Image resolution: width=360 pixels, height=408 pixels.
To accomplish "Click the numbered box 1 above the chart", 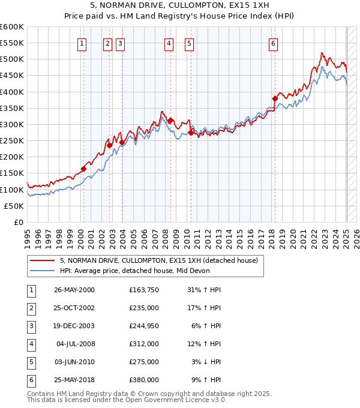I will coord(82,43).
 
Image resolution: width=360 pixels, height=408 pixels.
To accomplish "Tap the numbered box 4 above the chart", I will coord(169,43).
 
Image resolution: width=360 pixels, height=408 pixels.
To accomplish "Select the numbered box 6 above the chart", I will coord(273,43).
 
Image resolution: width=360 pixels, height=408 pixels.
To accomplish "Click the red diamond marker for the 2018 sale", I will coord(274,98).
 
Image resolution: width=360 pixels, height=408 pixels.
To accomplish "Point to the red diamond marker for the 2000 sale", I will coord(84,169).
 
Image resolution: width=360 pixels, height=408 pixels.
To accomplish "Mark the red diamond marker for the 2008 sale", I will coord(170,121).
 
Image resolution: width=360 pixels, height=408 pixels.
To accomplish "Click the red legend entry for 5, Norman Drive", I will coord(159,260).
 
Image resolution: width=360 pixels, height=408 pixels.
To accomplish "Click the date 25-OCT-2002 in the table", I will coord(74,308).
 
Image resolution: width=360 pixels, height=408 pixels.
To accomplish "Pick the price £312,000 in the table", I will coord(143,344).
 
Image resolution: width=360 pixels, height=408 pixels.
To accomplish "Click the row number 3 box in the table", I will coord(31,326).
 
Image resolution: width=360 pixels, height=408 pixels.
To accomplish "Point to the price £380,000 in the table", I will coord(143,380).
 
